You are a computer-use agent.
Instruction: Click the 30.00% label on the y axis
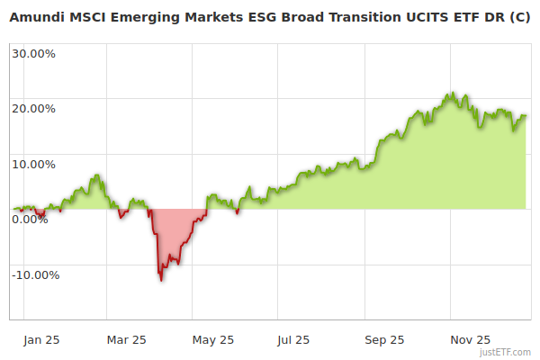(x=33, y=53)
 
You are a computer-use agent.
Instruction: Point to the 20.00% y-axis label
(x=33, y=109)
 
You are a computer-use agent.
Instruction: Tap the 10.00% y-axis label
(x=33, y=165)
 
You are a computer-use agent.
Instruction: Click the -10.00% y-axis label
(x=35, y=274)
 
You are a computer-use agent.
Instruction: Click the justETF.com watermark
(x=507, y=353)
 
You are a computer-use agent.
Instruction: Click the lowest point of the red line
(x=161, y=280)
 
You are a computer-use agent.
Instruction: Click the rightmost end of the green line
(x=526, y=115)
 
